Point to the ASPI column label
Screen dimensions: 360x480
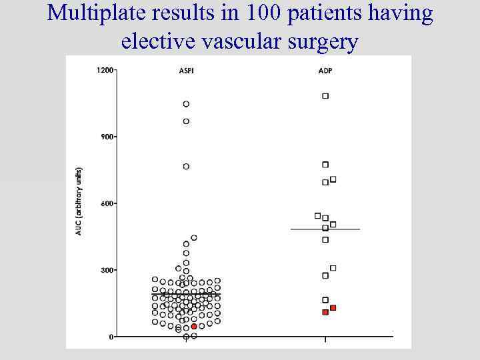[x=186, y=71]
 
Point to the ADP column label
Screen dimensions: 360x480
[x=325, y=71]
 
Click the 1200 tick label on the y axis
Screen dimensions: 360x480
[x=105, y=70]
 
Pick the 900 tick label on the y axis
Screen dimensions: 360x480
[x=106, y=137]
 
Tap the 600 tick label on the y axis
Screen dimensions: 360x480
[x=106, y=203]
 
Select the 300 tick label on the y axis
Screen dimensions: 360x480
[x=106, y=270]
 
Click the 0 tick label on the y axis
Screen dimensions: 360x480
[x=111, y=337]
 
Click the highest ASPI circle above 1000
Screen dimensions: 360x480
[x=186, y=104]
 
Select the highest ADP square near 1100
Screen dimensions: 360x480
[x=325, y=96]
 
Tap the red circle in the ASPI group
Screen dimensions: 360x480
[x=194, y=327]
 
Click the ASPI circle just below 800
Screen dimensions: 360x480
[x=186, y=167]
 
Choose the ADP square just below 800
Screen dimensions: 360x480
[x=325, y=165]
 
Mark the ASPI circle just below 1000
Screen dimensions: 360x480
[x=186, y=121]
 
